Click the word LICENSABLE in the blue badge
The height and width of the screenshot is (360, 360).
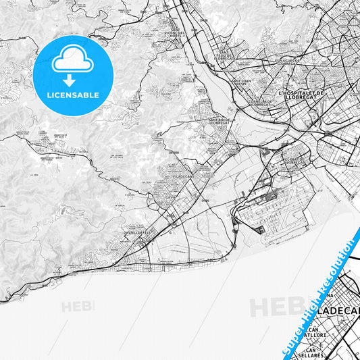(72, 95)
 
